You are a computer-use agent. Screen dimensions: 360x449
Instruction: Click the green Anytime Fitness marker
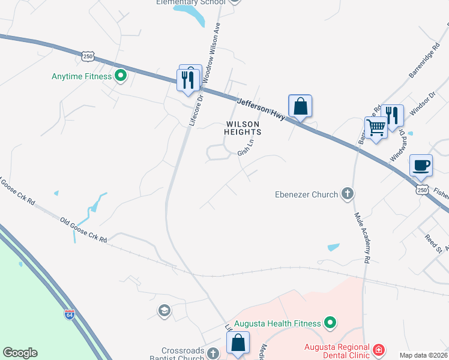pyautogui.click(x=120, y=76)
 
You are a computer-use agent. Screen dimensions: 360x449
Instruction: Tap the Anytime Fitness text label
pyautogui.click(x=82, y=77)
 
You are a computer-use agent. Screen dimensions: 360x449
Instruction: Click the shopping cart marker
pyautogui.click(x=376, y=127)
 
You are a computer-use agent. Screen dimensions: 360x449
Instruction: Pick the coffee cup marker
pyautogui.click(x=421, y=164)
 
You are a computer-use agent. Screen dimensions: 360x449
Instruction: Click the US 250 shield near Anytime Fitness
pyautogui.click(x=88, y=55)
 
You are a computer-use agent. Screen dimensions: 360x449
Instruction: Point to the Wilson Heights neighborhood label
pyautogui.click(x=243, y=128)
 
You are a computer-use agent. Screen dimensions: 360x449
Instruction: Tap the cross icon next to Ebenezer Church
pyautogui.click(x=347, y=193)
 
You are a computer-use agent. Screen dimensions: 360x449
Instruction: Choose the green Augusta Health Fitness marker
pyautogui.click(x=330, y=323)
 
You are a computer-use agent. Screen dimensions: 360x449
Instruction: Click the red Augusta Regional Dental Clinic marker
pyautogui.click(x=378, y=349)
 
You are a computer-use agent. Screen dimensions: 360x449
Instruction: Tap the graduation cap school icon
pyautogui.click(x=164, y=310)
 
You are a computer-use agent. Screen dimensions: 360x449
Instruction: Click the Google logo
pyautogui.click(x=20, y=353)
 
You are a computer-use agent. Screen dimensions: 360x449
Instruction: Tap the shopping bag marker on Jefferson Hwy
pyautogui.click(x=300, y=107)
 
